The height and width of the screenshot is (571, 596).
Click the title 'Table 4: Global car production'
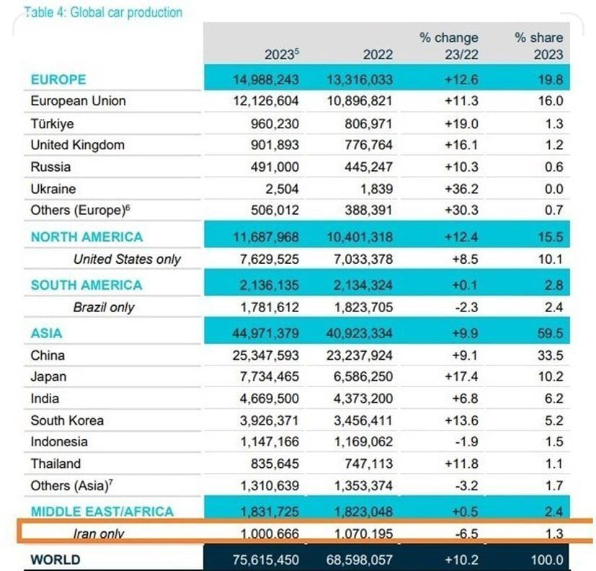pyautogui.click(x=103, y=12)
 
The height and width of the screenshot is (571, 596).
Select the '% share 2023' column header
pyautogui.click(x=538, y=45)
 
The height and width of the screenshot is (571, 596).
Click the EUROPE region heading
pyautogui.click(x=58, y=79)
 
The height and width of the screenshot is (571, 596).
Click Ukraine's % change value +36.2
pyautogui.click(x=461, y=189)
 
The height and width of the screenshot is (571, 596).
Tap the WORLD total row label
pyautogui.click(x=55, y=559)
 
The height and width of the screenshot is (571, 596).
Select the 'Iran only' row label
pyautogui.click(x=99, y=534)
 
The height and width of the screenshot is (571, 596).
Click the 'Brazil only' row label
pyautogui.click(x=104, y=307)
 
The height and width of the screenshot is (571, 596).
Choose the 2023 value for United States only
pyautogui.click(x=262, y=259)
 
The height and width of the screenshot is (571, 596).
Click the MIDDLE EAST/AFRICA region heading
pyautogui.click(x=102, y=512)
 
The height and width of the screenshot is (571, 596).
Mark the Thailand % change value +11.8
pyautogui.click(x=461, y=464)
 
